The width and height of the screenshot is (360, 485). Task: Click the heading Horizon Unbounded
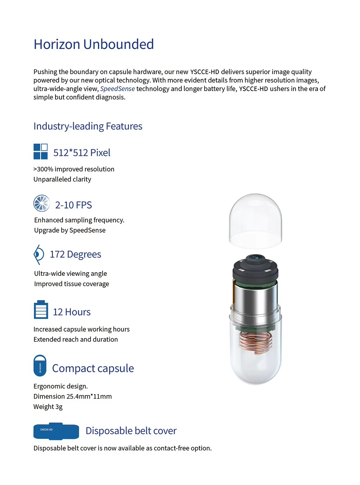94,44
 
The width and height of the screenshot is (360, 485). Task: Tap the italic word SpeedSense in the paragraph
117,89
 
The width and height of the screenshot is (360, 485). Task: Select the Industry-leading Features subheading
88,126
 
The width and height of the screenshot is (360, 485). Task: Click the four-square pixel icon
40,152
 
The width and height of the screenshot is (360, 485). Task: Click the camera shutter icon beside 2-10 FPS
42,203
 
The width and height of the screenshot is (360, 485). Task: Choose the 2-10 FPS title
73,205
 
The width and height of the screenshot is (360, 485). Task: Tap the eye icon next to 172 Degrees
39,255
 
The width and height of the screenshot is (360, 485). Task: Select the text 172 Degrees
75,255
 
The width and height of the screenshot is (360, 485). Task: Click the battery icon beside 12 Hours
41,310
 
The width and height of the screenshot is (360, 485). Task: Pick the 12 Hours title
72,312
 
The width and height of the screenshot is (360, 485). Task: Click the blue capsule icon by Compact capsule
40,366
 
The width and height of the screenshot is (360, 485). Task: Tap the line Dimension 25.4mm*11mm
73,396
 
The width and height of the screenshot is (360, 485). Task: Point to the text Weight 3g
48,407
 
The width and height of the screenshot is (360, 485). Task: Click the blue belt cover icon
56,431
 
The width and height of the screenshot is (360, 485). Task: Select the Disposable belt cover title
131,431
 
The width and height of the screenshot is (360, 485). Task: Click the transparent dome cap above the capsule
255,220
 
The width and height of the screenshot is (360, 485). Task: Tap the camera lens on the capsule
255,257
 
